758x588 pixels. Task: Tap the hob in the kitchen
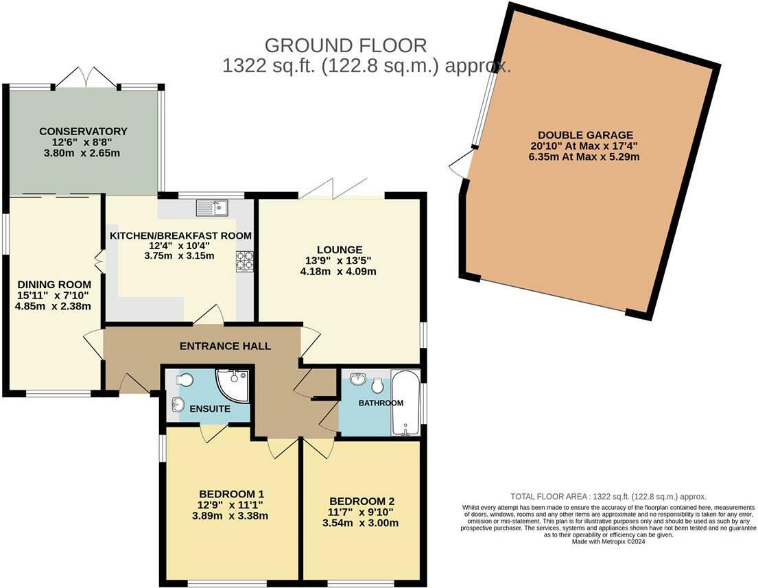tap(244, 261)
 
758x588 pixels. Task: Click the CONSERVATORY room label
tap(83, 131)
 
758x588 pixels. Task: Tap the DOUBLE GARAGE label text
tap(585, 135)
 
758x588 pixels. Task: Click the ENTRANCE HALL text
tap(225, 346)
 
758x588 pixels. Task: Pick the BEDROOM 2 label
tap(362, 501)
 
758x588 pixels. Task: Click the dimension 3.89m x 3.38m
tap(231, 516)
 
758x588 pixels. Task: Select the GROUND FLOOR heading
tap(346, 46)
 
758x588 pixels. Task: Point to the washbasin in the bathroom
tap(357, 379)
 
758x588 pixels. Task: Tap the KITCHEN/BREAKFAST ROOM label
tap(180, 235)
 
